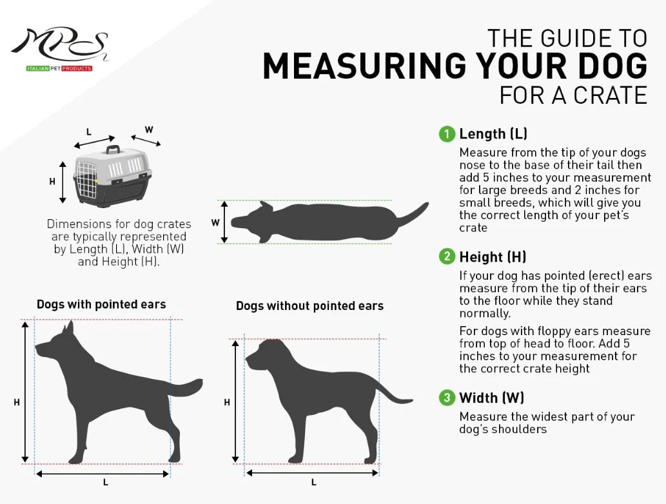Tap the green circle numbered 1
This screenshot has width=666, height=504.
click(447, 134)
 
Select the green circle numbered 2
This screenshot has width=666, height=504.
click(447, 257)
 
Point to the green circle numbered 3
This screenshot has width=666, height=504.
click(447, 398)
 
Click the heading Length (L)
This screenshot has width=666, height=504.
click(493, 134)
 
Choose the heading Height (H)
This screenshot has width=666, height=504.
click(493, 257)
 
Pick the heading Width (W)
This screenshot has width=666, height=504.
click(491, 398)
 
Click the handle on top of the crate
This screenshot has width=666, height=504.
click(113, 150)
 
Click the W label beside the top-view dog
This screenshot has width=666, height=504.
click(215, 222)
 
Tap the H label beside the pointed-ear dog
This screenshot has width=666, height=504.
click(17, 402)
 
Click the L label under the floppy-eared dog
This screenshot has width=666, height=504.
click(313, 481)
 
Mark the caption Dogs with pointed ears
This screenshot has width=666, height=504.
click(101, 304)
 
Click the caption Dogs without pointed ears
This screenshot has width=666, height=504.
click(309, 305)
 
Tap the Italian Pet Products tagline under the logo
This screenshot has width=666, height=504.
click(59, 68)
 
